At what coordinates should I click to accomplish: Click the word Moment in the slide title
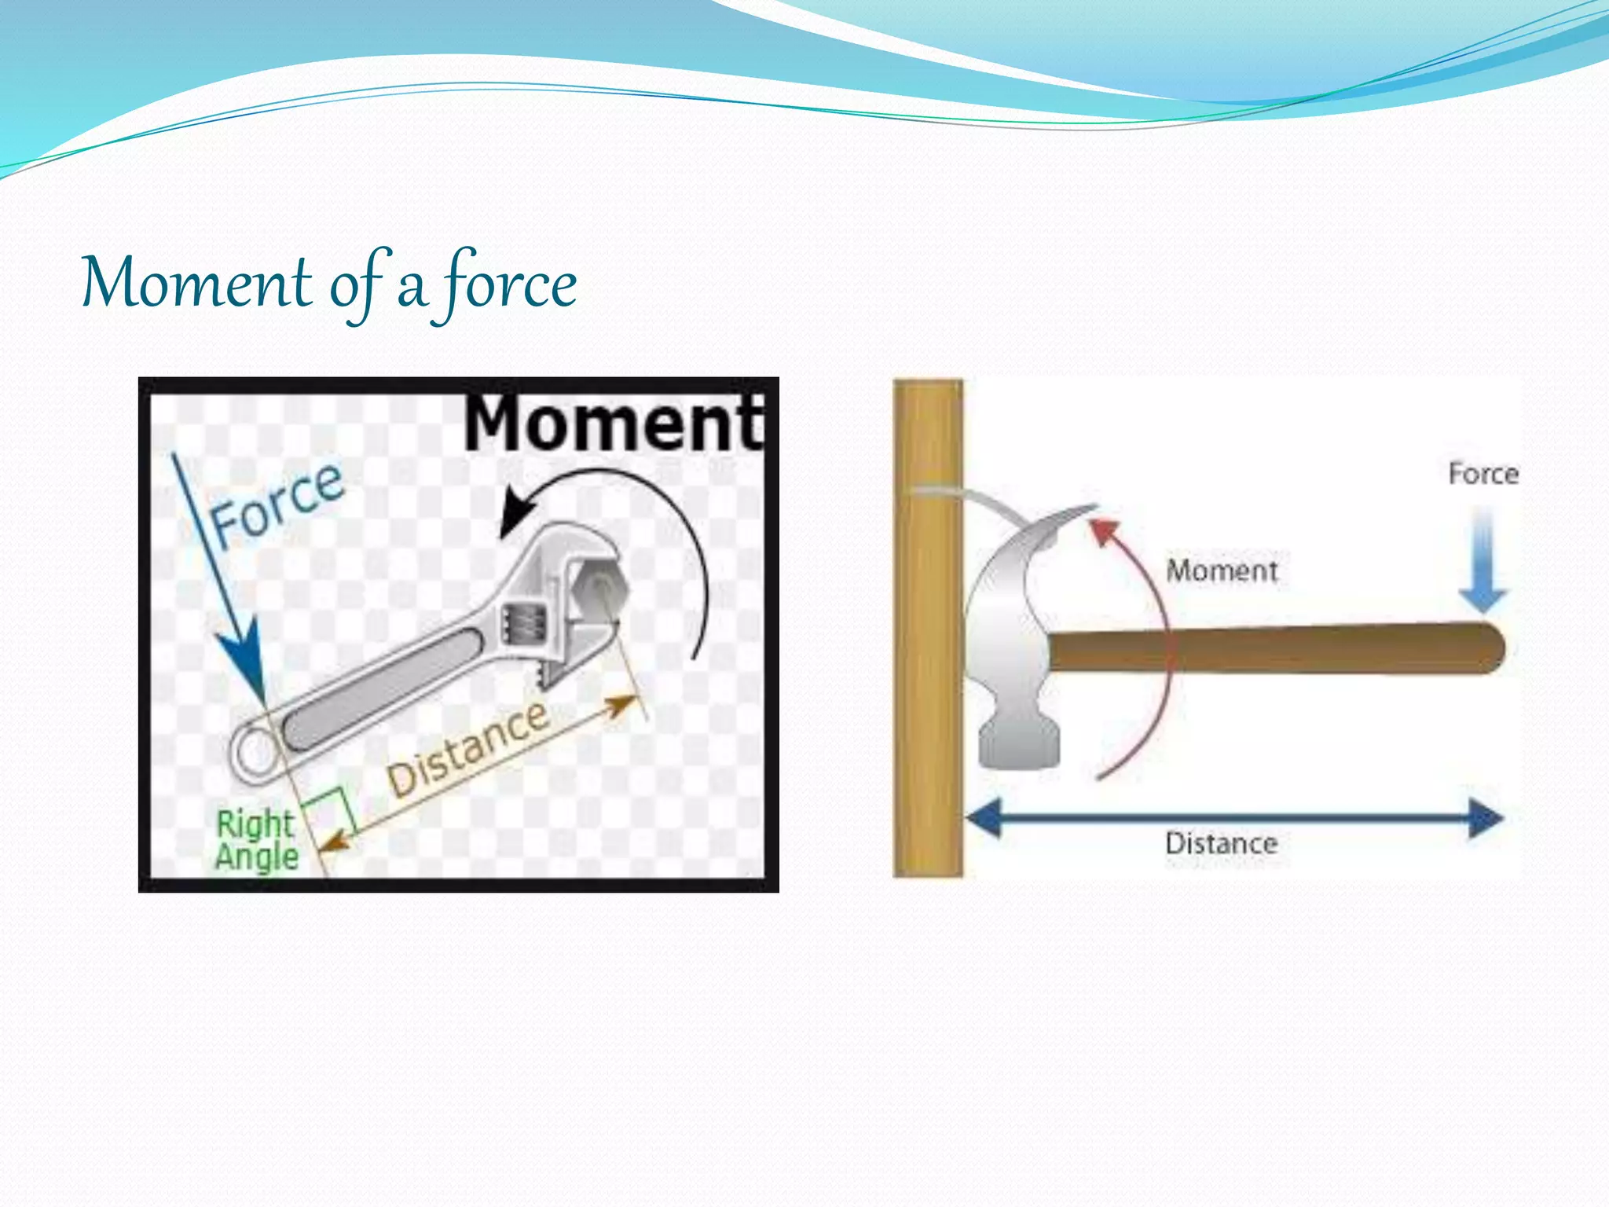click(x=196, y=283)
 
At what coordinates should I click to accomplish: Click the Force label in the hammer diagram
click(x=1483, y=474)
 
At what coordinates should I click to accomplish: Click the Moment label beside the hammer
click(x=1222, y=570)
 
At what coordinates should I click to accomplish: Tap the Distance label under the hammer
click(x=1222, y=844)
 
